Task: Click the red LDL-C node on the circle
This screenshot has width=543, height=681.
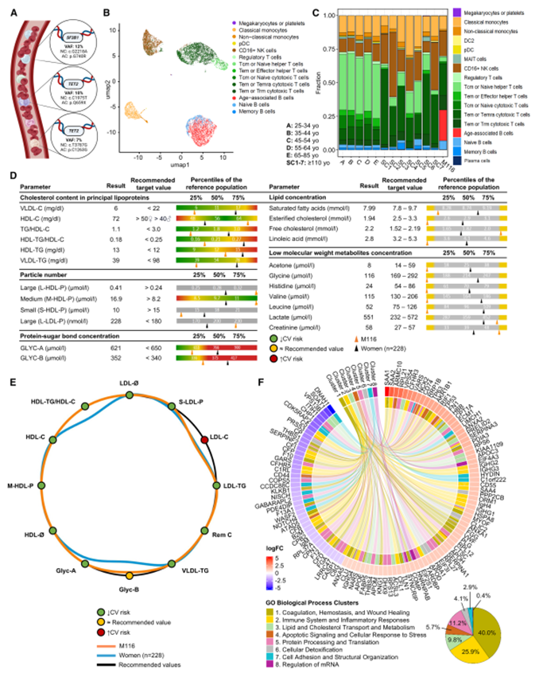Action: tap(204, 440)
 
